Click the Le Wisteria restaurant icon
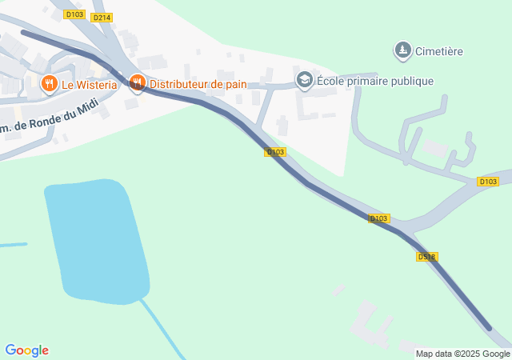click(x=49, y=83)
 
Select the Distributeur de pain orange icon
click(x=137, y=82)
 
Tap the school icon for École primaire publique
click(x=304, y=80)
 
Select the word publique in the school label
click(x=413, y=81)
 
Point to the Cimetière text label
click(x=439, y=51)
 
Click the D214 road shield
click(x=102, y=17)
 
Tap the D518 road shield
click(x=426, y=257)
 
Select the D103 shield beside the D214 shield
click(x=75, y=14)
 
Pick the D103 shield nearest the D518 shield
click(x=379, y=218)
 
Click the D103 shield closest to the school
click(x=274, y=151)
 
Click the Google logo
click(x=27, y=350)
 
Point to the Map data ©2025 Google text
click(x=462, y=354)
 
